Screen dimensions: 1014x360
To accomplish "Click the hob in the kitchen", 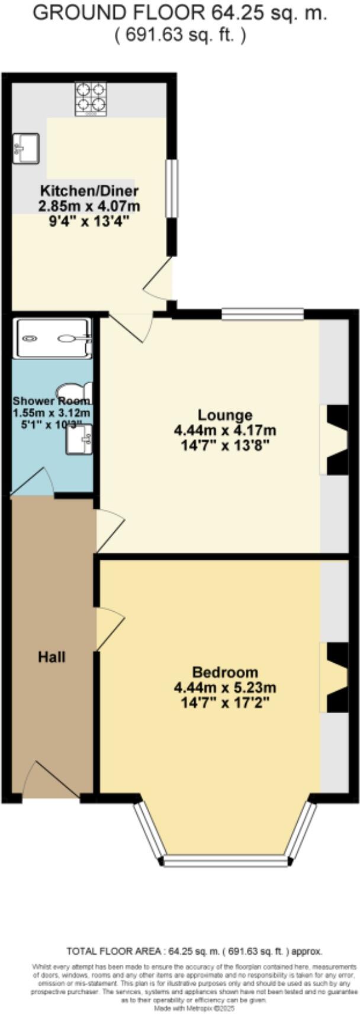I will [x=91, y=98].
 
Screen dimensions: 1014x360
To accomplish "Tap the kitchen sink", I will [x=25, y=147].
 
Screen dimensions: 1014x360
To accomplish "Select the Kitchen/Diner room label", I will [x=89, y=191].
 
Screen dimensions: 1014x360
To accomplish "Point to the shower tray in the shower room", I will [x=54, y=338].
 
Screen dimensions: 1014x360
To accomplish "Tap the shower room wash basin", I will [x=79, y=439].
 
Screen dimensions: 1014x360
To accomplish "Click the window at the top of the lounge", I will [x=262, y=314].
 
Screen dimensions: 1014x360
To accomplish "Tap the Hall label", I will [x=52, y=657].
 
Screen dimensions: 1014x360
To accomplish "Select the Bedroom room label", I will [x=225, y=672].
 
